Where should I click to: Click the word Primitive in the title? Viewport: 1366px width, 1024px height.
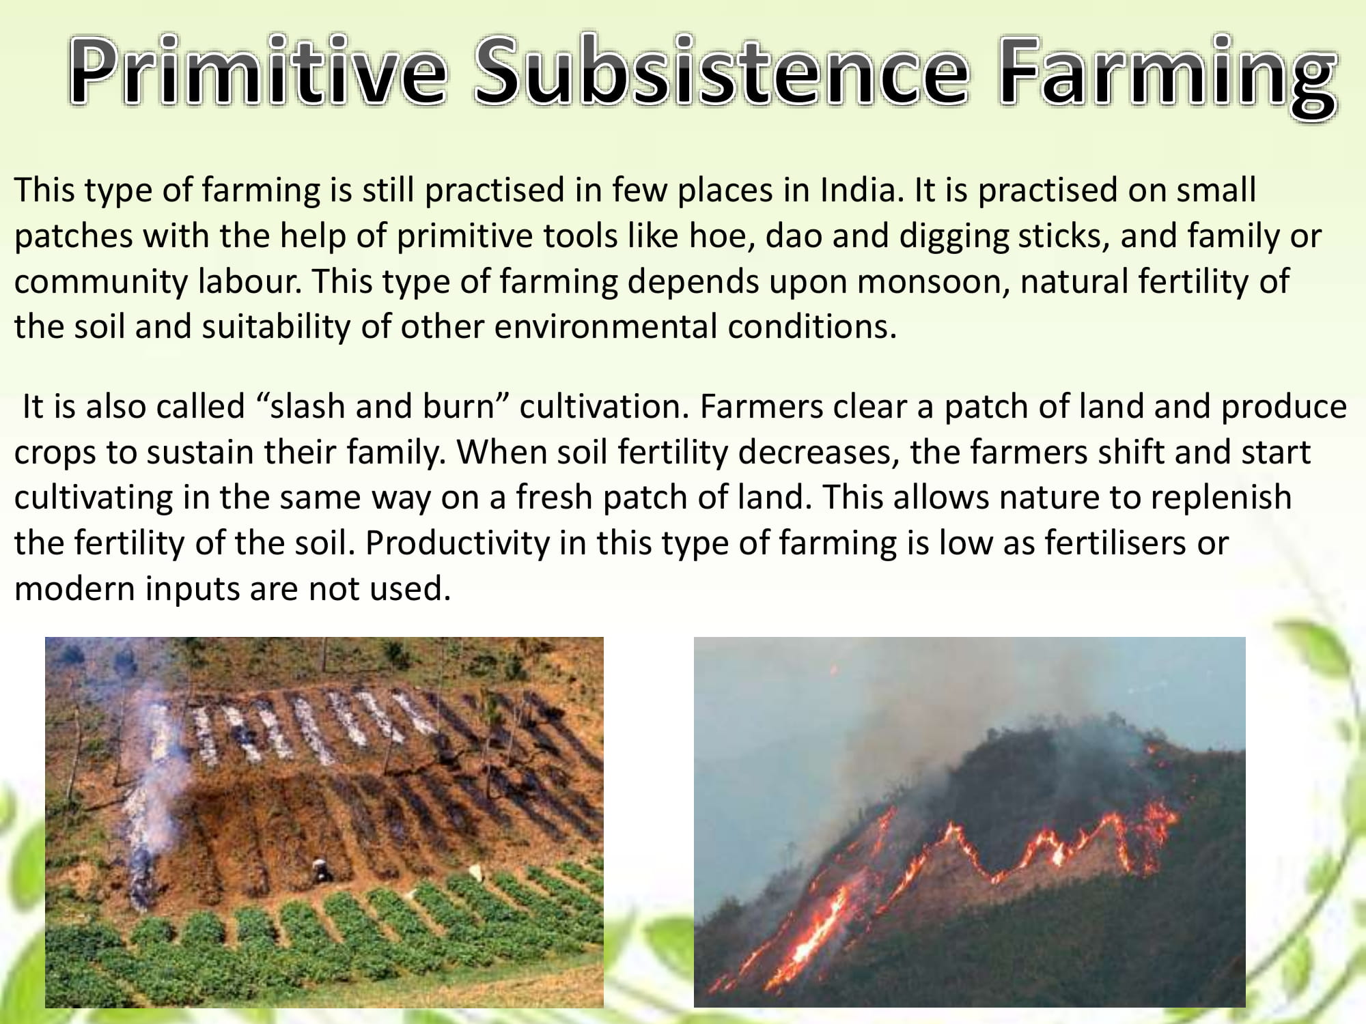coord(258,72)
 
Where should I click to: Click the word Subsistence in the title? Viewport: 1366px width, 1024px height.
coord(721,72)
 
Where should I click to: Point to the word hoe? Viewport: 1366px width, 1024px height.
coord(722,236)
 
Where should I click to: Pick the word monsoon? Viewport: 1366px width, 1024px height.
coord(933,281)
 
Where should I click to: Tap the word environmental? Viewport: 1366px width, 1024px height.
coord(605,326)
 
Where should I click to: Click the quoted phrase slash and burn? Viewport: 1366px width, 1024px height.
coord(382,407)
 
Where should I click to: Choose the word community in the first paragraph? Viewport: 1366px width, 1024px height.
coord(100,281)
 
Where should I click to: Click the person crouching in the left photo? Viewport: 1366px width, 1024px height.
coord(319,868)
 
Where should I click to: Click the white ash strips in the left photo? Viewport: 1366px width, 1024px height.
coord(307,724)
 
